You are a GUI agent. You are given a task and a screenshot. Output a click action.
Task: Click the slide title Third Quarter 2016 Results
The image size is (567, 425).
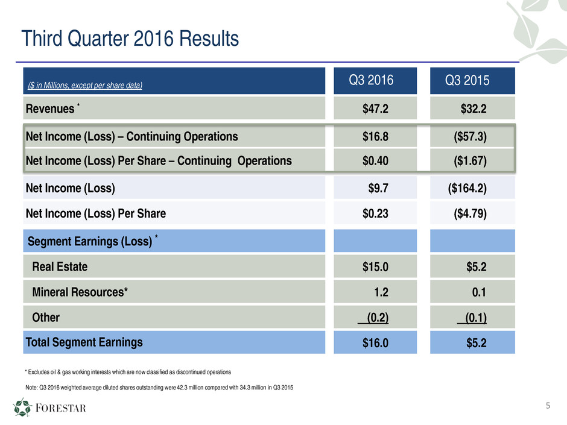[130, 39]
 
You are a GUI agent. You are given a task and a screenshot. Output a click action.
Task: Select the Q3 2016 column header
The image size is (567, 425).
[375, 81]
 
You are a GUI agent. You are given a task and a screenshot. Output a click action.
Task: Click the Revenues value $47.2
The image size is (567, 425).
[375, 109]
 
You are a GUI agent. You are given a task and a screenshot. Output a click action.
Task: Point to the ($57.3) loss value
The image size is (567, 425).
[470, 136]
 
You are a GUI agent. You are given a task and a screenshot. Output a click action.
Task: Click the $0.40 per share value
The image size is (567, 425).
[375, 161]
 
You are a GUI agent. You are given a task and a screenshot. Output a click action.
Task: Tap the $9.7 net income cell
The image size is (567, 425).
[378, 188]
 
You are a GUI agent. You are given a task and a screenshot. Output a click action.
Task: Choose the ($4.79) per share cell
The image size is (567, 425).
[470, 213]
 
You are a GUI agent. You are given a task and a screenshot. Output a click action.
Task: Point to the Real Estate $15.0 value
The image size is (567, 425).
[375, 267]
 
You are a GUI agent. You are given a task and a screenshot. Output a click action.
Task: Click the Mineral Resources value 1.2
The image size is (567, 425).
[381, 292]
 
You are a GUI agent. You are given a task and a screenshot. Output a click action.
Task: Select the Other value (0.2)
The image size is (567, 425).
[373, 317]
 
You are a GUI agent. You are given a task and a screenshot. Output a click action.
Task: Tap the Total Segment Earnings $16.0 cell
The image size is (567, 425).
[375, 343]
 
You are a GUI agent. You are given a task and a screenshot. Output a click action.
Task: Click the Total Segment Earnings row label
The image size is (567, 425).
[84, 342]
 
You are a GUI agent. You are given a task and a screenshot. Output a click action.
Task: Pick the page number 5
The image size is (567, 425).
[548, 405]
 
